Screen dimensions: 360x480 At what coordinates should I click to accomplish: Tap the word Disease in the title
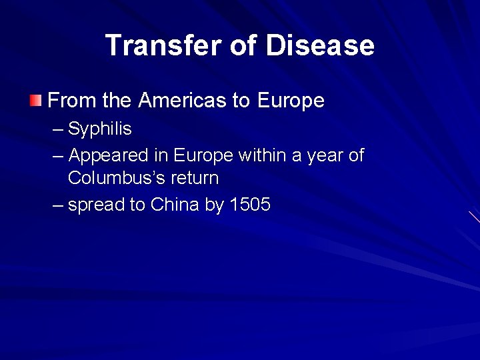(320, 45)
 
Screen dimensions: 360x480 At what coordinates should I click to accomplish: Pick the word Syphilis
(100, 129)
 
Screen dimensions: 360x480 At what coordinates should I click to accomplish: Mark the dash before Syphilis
(59, 129)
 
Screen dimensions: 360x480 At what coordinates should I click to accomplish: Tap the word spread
(97, 205)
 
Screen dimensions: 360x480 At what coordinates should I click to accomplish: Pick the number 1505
(250, 204)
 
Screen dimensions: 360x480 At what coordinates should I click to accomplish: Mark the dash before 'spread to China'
(59, 204)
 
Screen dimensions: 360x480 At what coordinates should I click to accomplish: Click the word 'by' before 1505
(215, 205)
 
